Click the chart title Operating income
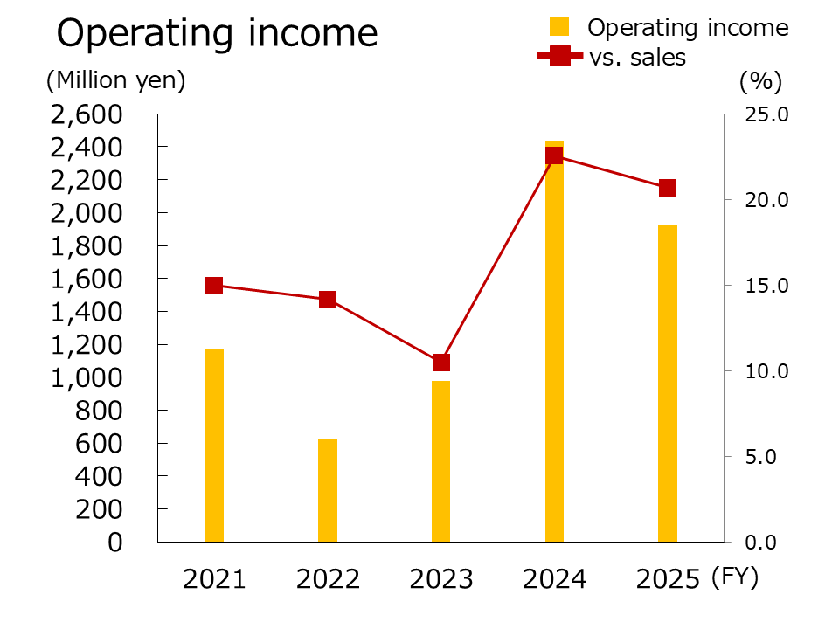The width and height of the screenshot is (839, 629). tap(218, 34)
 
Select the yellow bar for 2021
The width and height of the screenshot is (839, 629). tap(214, 445)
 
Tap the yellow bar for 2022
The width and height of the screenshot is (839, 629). tap(328, 490)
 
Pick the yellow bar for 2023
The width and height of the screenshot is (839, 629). tap(441, 461)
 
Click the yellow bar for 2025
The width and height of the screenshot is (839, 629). tap(668, 384)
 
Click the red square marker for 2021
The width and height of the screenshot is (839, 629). tap(214, 286)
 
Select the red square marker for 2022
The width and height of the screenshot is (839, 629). tap(328, 300)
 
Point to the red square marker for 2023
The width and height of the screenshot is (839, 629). tap(441, 363)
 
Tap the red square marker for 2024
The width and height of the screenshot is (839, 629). tap(554, 156)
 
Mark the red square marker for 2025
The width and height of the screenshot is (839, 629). tap(668, 188)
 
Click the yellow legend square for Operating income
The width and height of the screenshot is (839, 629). tap(560, 27)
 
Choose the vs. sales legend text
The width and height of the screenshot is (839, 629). tap(636, 58)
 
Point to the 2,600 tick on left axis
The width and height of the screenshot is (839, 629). tap(85, 114)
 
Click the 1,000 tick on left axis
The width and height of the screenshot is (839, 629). tap(85, 377)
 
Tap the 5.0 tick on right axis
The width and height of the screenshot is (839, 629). tap(770, 456)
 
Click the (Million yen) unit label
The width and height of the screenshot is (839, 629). tap(116, 81)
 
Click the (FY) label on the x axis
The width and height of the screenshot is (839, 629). tap(735, 577)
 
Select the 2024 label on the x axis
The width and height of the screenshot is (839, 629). tap(554, 579)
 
